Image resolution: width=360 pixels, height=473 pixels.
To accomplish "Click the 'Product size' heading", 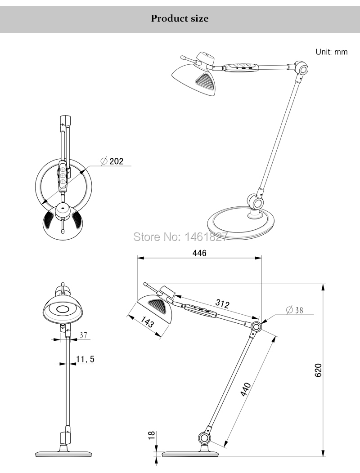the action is click(180, 18).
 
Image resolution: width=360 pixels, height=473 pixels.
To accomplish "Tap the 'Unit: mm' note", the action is click(332, 52).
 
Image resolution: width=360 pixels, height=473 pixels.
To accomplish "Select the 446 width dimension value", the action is click(199, 253).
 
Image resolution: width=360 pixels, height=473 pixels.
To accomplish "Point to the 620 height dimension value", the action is click(318, 370).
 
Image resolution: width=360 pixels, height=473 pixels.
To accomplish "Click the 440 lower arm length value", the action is click(246, 389).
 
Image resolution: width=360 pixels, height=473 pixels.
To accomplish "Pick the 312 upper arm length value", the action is click(222, 303).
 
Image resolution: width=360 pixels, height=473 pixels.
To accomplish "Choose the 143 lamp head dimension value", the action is click(148, 322).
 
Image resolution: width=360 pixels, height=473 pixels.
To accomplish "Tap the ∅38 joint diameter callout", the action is click(294, 310).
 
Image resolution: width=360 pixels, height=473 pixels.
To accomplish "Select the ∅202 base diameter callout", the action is click(112, 161).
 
